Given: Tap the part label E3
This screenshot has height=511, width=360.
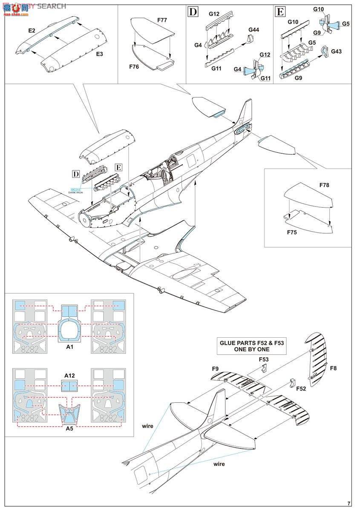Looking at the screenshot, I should tap(99, 54).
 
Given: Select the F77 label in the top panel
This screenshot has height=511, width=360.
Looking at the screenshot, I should tap(162, 20).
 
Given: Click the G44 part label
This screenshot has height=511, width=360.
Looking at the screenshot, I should tap(254, 30).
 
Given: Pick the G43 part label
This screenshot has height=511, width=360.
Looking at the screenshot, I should tap(336, 52).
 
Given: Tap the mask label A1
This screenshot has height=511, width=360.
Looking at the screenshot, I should tap(70, 347).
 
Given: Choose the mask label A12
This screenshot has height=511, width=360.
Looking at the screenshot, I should tap(70, 375).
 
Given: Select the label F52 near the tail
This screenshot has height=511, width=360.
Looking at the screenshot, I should tap(301, 389).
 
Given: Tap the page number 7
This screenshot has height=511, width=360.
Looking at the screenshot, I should tap(349, 503).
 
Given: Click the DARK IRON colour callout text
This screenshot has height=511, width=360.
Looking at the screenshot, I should tap(75, 193).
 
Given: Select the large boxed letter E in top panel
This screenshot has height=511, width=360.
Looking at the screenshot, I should tap(280, 11).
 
